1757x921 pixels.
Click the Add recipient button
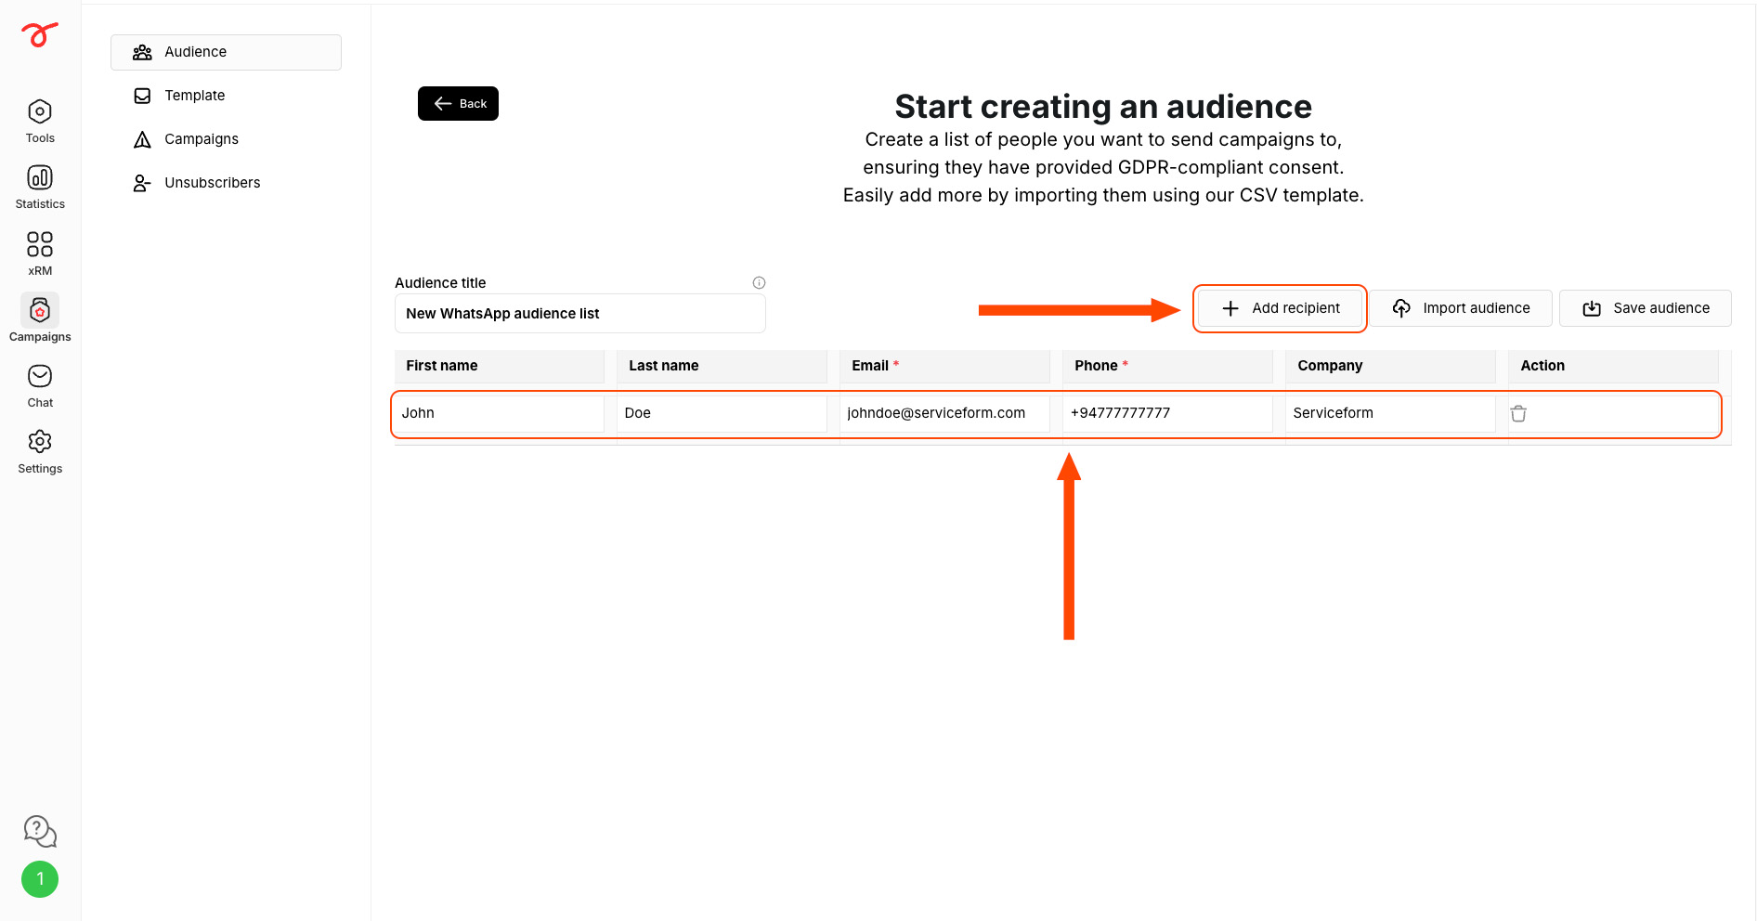tap(1280, 308)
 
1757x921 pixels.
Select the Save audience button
tap(1645, 308)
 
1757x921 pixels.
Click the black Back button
tap(458, 104)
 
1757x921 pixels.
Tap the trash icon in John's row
tap(1518, 413)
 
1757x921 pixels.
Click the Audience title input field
tap(579, 314)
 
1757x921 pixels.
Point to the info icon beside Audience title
tap(759, 282)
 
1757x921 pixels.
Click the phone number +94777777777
tap(1120, 413)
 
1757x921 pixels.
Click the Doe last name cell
tap(722, 413)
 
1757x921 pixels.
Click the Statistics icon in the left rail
tap(40, 177)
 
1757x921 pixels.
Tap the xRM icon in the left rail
tap(40, 244)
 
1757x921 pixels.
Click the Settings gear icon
tap(40, 441)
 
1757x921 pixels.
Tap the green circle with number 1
tap(40, 879)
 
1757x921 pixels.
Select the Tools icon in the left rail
tap(40, 111)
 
